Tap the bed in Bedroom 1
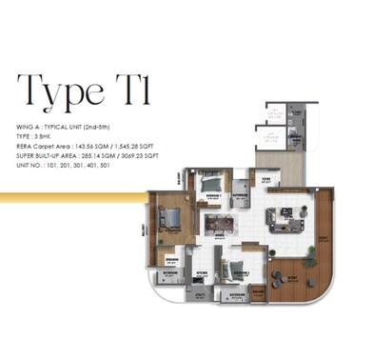(211, 183)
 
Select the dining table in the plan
(220, 225)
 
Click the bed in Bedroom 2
(235, 268)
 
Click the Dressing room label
(171, 259)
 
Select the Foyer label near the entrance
(265, 183)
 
